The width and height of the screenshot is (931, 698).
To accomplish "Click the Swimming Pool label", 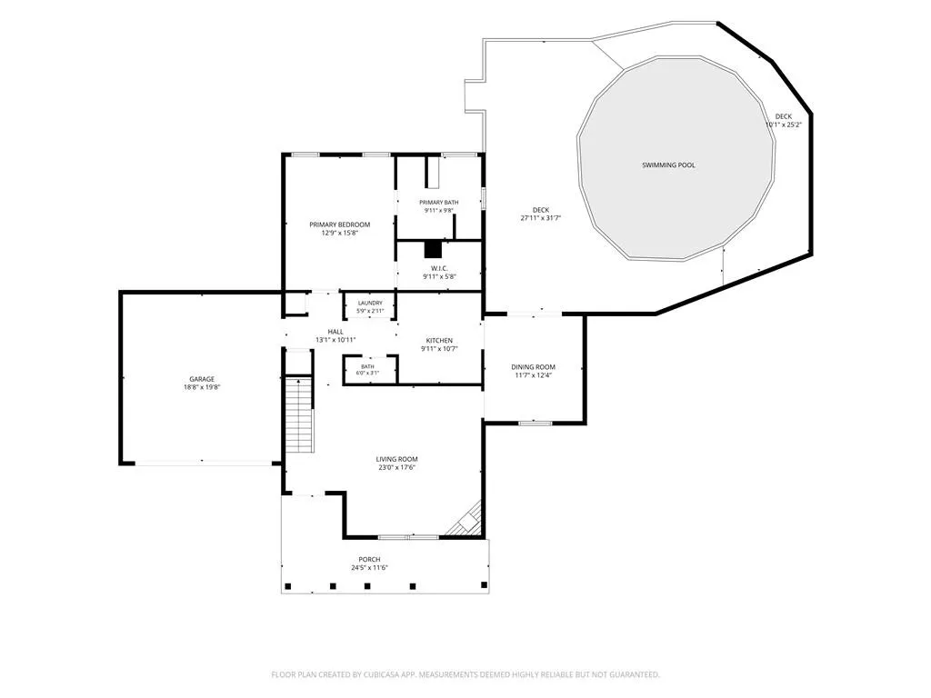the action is (668, 165).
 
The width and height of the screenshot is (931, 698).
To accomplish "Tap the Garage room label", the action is (202, 379).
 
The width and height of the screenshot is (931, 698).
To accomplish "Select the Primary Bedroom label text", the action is (340, 224).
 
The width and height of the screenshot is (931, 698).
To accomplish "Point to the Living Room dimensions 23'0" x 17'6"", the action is (396, 467).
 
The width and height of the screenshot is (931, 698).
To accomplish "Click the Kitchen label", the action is (439, 340).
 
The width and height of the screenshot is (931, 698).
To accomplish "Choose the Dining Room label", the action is (533, 367).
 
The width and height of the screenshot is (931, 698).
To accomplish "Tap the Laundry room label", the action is (370, 303).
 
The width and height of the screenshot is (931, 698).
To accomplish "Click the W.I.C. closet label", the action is (439, 268).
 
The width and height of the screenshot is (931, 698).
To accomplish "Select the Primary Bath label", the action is (439, 203).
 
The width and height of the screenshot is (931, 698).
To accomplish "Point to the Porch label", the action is (369, 559).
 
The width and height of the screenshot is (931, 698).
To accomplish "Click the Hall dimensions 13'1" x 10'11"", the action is (335, 340).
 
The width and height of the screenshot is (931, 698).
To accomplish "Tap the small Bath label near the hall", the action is (367, 366).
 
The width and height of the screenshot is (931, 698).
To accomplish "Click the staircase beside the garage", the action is (299, 414).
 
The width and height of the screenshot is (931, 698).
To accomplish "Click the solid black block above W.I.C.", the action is (433, 249).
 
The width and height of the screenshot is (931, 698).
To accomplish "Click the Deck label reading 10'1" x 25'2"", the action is (784, 121).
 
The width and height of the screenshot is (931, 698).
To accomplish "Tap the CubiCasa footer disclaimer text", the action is (465, 674).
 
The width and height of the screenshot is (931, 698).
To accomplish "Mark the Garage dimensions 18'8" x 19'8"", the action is (202, 387).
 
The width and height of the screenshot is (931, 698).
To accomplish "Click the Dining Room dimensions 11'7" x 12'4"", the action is (533, 375).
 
